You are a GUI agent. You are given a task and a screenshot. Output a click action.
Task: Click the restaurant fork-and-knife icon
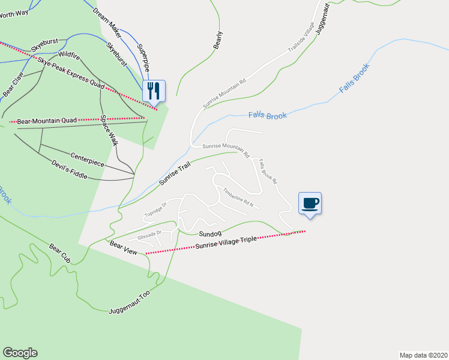click(154, 91)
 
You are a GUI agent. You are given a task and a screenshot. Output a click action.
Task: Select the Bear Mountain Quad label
click(47, 121)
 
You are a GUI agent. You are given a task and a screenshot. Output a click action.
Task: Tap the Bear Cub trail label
click(60, 253)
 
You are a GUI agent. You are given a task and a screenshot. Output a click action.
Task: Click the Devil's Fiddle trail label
click(69, 169)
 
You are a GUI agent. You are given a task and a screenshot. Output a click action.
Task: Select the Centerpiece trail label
click(87, 159)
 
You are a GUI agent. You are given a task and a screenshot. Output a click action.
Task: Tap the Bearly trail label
click(218, 40)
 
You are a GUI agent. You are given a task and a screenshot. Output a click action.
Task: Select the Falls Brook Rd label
click(267, 171)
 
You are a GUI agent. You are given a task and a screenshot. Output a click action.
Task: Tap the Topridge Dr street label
click(155, 209)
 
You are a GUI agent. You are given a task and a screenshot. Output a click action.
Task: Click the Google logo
click(20, 353)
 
